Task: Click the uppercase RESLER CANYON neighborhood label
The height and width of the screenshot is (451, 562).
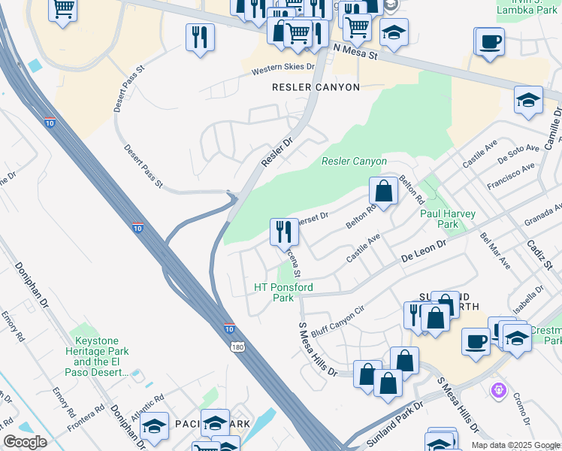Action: click(x=316, y=87)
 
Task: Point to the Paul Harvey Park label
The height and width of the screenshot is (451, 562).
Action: click(x=448, y=219)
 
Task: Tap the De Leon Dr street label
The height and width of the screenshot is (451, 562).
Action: click(x=424, y=248)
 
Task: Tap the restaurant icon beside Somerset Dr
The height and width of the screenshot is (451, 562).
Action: click(x=284, y=231)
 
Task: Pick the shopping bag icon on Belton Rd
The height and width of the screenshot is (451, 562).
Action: click(x=383, y=190)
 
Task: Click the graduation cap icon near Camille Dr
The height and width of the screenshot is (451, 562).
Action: click(x=528, y=99)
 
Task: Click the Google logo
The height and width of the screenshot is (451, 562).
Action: click(x=25, y=442)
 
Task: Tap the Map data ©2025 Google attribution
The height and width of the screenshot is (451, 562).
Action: click(x=515, y=445)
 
